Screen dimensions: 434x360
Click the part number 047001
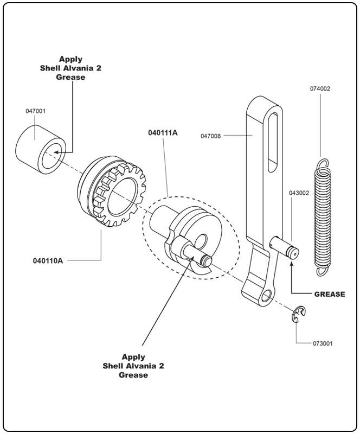(x=35, y=111)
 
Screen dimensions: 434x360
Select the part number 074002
(x=320, y=88)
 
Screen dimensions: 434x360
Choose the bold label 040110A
(x=48, y=260)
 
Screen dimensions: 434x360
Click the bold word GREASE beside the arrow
(x=330, y=295)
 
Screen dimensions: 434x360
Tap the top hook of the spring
(x=323, y=163)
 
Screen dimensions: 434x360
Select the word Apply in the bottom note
(x=133, y=356)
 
